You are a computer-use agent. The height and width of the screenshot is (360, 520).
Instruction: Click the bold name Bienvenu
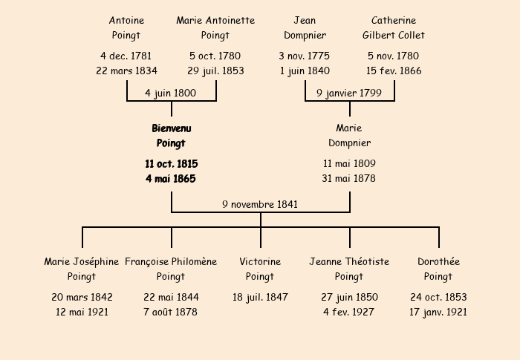click(172, 128)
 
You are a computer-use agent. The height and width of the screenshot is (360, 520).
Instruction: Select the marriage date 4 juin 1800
click(170, 93)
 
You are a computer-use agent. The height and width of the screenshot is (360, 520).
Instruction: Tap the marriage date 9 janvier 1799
click(349, 93)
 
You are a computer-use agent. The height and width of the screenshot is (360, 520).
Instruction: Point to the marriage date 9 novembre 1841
click(260, 205)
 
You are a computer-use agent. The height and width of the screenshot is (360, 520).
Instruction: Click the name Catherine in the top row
click(394, 21)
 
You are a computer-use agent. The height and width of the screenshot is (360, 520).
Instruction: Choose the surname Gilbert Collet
click(394, 35)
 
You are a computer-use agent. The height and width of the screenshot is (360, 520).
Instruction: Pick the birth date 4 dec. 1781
click(126, 56)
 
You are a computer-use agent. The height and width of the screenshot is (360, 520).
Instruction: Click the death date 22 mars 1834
click(127, 71)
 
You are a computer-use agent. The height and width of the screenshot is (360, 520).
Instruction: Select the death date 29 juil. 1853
click(215, 71)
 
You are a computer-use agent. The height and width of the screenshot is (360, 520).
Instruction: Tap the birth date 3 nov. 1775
click(305, 56)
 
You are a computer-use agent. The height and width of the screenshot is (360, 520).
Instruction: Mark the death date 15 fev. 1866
click(394, 71)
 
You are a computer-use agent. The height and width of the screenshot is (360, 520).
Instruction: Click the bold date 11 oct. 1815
click(172, 164)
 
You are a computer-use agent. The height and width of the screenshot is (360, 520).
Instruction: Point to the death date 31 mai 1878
click(349, 179)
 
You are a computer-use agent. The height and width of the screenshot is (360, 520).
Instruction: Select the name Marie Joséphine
click(82, 262)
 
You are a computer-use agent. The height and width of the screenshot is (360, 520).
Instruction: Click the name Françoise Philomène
click(171, 262)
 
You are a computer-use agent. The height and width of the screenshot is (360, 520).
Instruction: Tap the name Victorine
click(260, 262)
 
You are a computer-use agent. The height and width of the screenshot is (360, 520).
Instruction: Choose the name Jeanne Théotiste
click(349, 262)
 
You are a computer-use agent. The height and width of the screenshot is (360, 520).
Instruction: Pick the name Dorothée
click(439, 262)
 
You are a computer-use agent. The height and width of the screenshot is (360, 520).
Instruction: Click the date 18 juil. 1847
click(260, 298)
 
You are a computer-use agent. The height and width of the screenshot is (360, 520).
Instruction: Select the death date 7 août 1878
click(170, 312)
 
